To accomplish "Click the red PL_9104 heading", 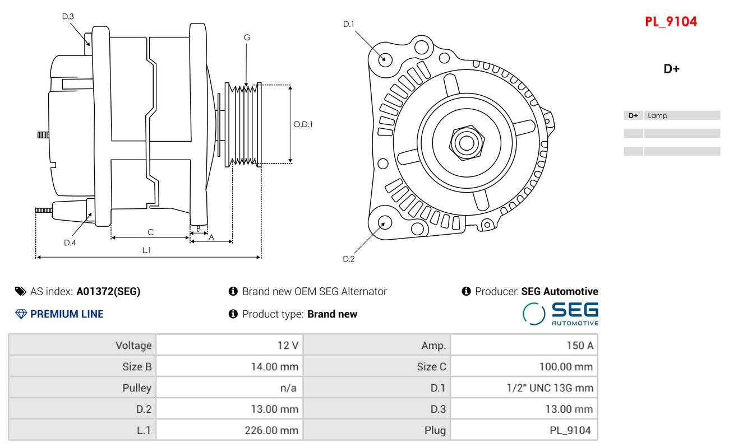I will click(671, 22).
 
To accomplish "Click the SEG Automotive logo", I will click(560, 314).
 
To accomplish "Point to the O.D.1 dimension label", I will click(303, 124).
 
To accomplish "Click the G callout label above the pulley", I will click(247, 38).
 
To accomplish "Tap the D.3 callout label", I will click(68, 16).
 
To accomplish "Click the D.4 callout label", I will click(70, 242).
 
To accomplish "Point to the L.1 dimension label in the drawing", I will click(146, 250).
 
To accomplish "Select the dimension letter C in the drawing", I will click(150, 232).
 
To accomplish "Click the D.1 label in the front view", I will click(349, 24).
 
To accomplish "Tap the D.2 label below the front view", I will click(349, 259).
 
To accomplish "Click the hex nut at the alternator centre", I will click(465, 142).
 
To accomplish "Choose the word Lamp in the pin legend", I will click(657, 116).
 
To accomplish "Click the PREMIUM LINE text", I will click(67, 314).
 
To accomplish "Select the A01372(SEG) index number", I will click(108, 292).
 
